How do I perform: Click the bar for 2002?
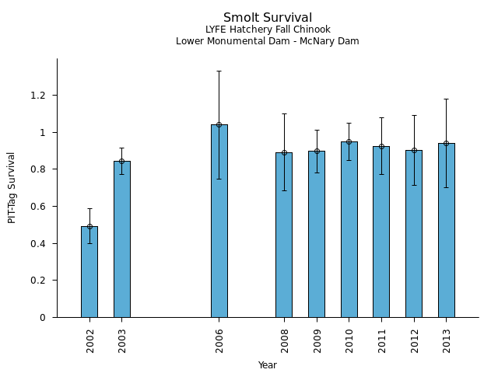pos(89,272)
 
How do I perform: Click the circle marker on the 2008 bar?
pos(284,152)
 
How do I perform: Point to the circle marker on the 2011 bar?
pos(381,146)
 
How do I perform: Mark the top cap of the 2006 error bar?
pos(219,71)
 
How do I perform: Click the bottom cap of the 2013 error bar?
pos(446,187)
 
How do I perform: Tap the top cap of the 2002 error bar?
pos(89,208)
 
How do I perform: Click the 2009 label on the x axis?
pos(317,341)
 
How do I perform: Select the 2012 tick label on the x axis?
pos(414,341)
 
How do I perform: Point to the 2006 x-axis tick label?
pos(219,341)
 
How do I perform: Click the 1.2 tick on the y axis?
pos(40,96)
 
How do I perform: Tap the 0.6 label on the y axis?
pos(40,207)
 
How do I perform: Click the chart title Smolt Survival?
pos(268,18)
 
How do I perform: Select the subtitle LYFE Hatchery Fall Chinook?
pos(268,30)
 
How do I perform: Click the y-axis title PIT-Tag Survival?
pos(12,187)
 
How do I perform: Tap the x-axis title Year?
pos(268,365)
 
